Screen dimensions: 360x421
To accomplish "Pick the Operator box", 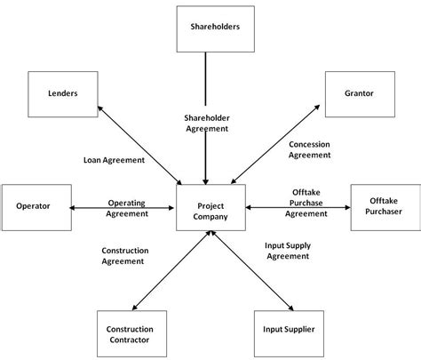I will (x=34, y=206).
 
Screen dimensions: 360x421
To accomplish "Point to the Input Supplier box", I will (x=290, y=329).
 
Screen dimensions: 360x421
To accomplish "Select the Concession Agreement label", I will (x=310, y=148).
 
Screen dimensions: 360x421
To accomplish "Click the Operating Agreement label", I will (x=126, y=208).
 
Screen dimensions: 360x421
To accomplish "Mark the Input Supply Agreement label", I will (x=287, y=250).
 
